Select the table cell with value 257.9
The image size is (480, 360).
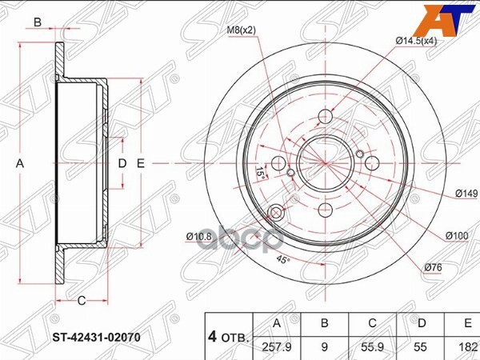pos(277,348)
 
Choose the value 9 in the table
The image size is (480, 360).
pos(324,348)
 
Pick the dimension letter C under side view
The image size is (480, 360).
pos(82,300)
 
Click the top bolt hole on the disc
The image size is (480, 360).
pos(324,116)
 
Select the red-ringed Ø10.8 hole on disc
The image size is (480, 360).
pos(278,213)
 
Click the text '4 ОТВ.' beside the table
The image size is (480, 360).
pos(229,337)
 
